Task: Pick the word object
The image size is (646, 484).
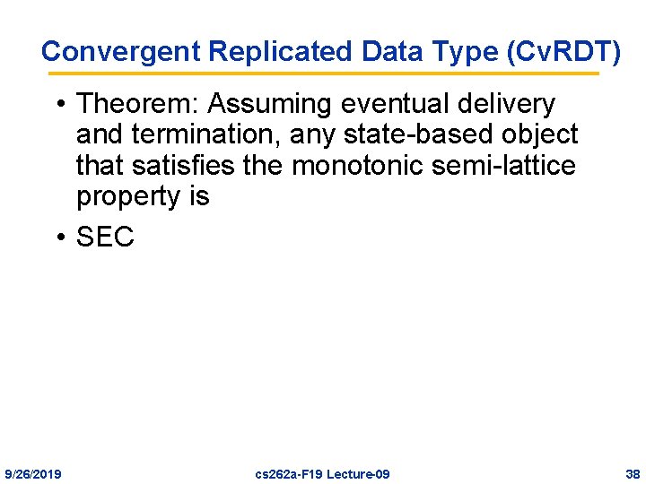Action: (x=537, y=134)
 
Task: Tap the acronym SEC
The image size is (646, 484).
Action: (x=105, y=237)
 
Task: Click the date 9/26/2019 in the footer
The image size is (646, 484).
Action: (x=33, y=473)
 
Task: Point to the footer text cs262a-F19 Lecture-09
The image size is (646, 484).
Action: (x=323, y=473)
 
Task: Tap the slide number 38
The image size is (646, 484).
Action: (x=633, y=473)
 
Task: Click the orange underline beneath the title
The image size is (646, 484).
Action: (x=323, y=73)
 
